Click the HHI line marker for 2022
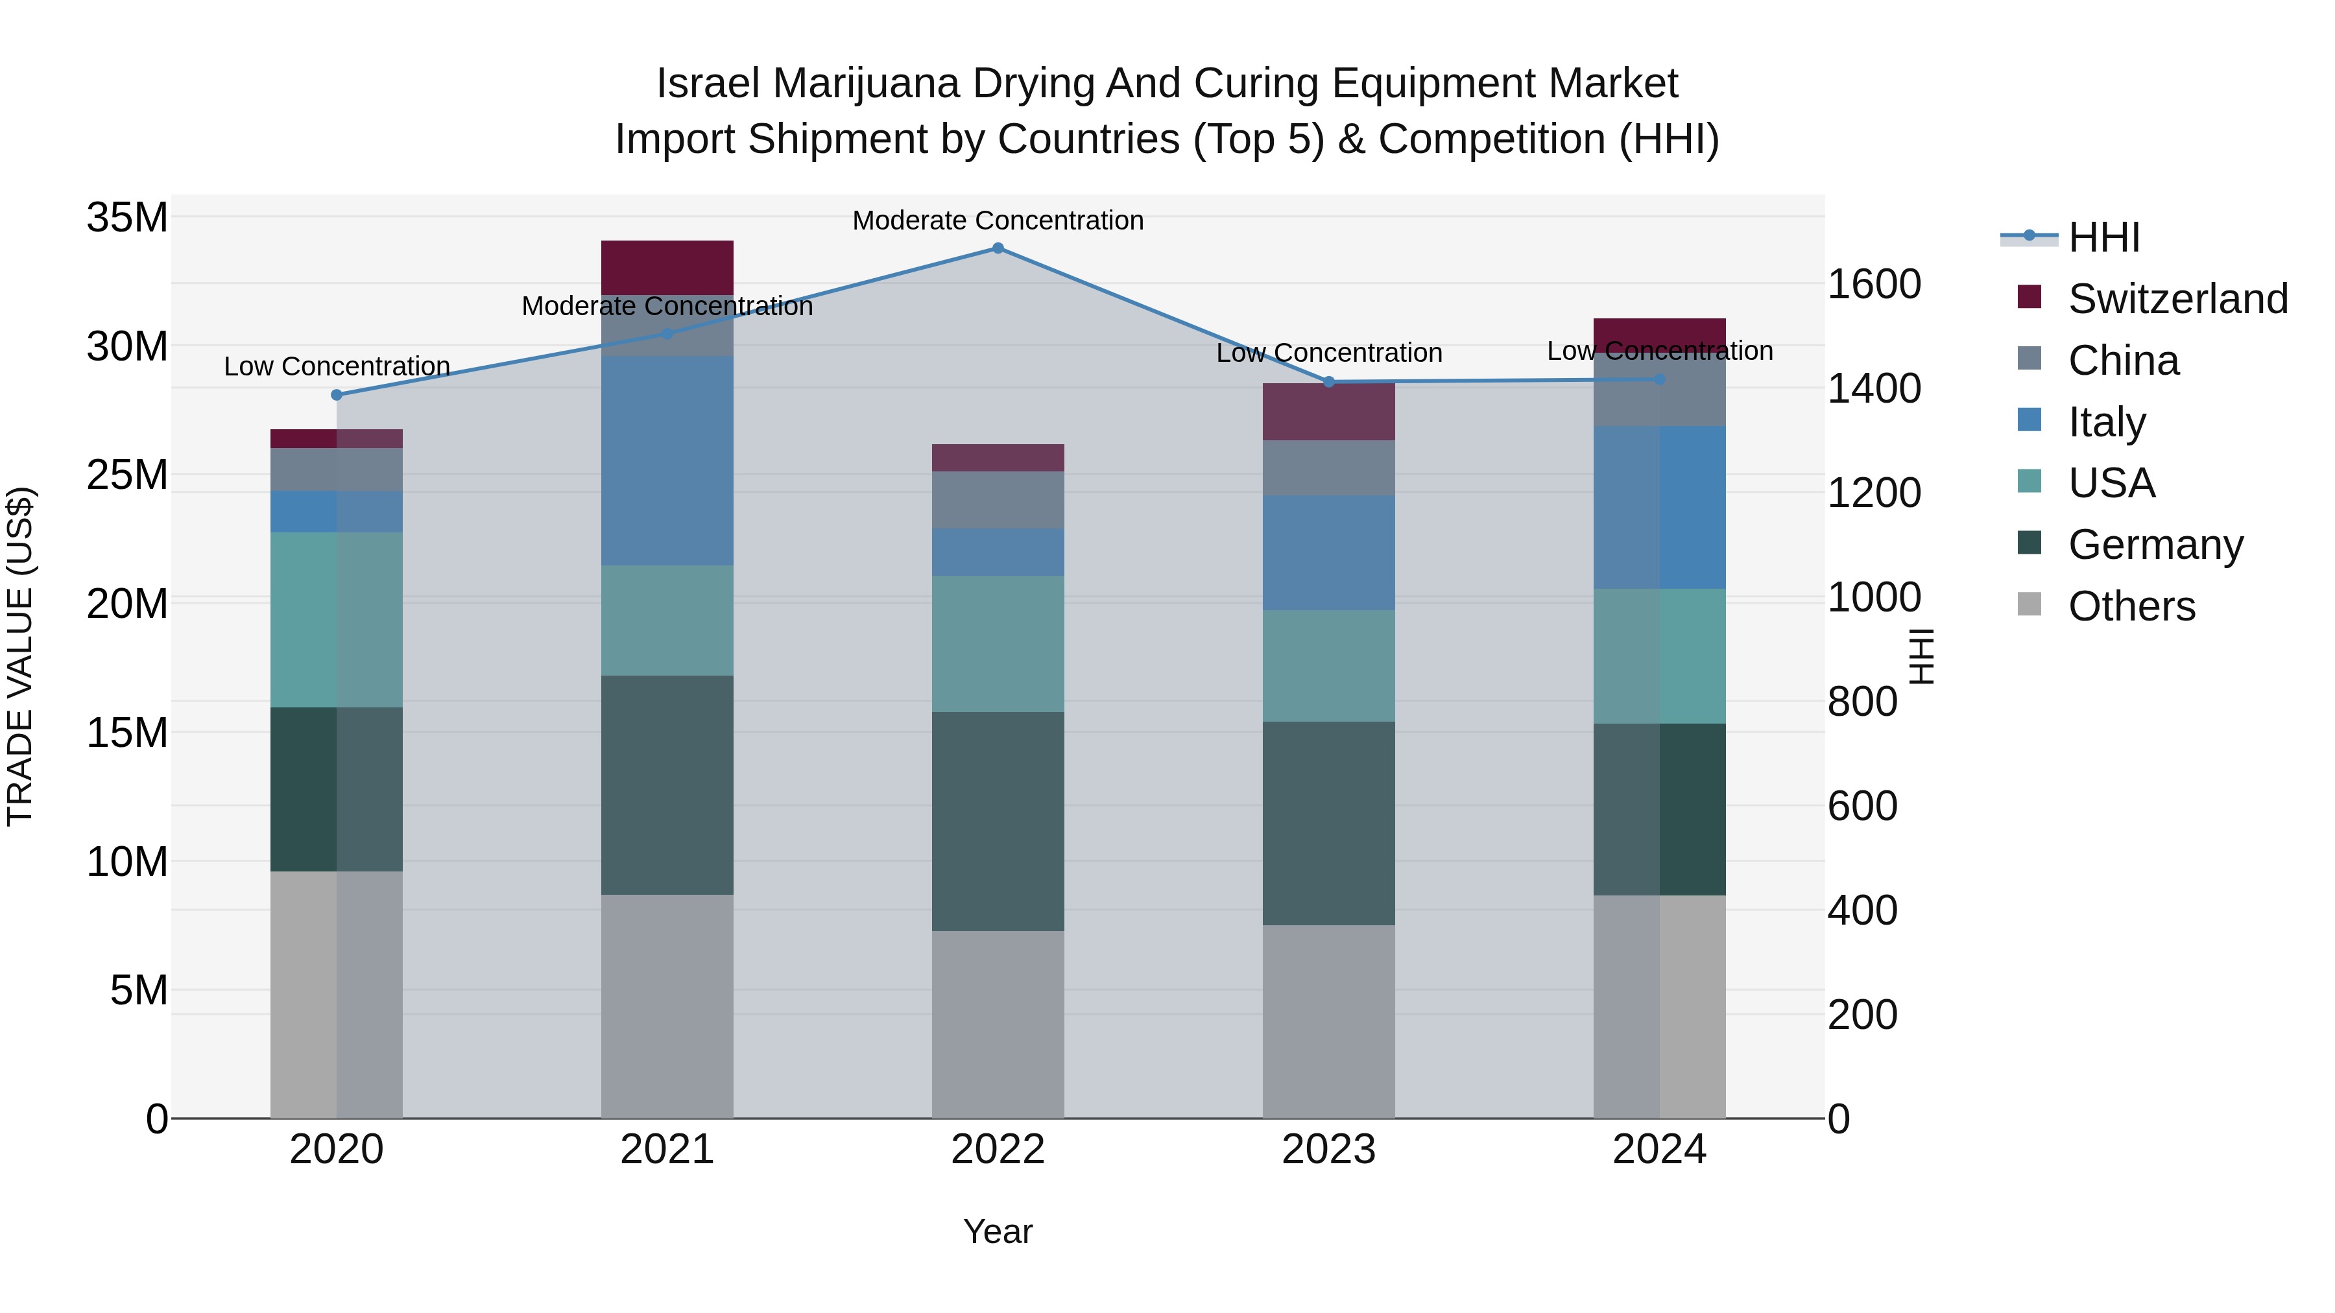tap(998, 248)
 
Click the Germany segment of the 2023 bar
tap(1329, 823)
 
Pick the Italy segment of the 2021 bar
tap(667, 460)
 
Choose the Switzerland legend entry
tap(2177, 299)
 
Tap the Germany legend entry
tap(2155, 545)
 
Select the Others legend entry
tap(2131, 606)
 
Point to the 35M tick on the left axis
tap(127, 219)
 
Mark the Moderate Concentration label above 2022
tap(998, 220)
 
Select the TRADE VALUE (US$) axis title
tap(20, 656)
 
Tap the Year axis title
tap(998, 1231)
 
